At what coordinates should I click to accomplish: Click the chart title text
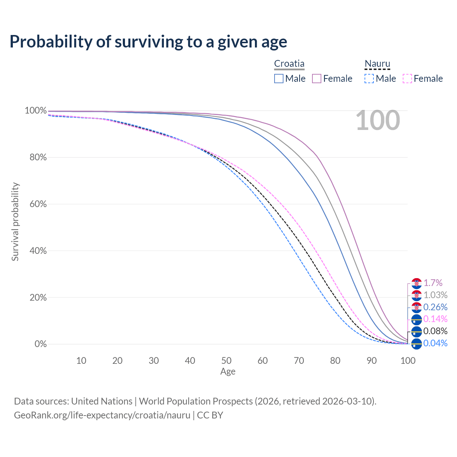pos(148,41)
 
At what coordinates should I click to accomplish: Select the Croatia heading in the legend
pos(289,64)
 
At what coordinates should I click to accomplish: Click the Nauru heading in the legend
pos(377,64)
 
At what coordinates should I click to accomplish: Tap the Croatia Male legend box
pos(279,79)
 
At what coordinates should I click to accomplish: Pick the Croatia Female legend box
pos(317,79)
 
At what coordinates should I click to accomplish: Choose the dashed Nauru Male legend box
pos(369,79)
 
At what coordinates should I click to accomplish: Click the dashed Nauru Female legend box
pos(407,79)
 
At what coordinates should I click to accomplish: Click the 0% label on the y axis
pos(41,344)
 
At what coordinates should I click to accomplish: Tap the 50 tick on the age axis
pos(226,361)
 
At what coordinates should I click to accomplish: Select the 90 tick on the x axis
pos(372,361)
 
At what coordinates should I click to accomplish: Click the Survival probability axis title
pos(15,222)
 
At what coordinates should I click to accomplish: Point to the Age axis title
pos(228,372)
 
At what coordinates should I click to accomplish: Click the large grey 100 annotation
pos(378,120)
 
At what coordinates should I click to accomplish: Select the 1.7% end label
pos(433,283)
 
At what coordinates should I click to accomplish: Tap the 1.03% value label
pos(435,295)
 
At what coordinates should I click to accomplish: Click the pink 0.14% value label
pos(435,319)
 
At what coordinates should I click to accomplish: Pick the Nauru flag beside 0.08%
pos(417,332)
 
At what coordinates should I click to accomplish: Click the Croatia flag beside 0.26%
pos(417,307)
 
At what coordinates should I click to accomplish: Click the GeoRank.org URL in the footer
pos(102,415)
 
